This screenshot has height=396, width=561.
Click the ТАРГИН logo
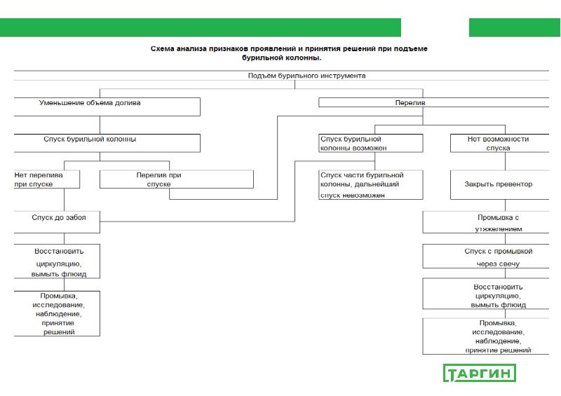coord(480,373)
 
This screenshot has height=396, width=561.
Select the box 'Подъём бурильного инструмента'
coord(306,76)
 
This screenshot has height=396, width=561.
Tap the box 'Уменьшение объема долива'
coord(105,106)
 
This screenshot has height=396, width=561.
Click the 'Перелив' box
coord(433,102)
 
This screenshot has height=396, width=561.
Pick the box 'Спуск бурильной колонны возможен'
coord(371,144)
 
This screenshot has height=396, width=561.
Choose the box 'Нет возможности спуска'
coord(498,144)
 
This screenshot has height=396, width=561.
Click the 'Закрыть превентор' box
coord(498,184)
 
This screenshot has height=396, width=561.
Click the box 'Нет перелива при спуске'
coord(45,179)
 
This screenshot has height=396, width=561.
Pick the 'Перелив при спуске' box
coord(176,179)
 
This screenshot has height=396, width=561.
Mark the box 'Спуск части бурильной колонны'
coord(362,184)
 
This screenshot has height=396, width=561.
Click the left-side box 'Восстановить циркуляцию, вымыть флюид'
coord(58,261)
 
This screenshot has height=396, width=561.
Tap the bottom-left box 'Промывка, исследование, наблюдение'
coord(58,313)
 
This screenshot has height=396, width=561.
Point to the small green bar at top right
coord(514,27)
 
